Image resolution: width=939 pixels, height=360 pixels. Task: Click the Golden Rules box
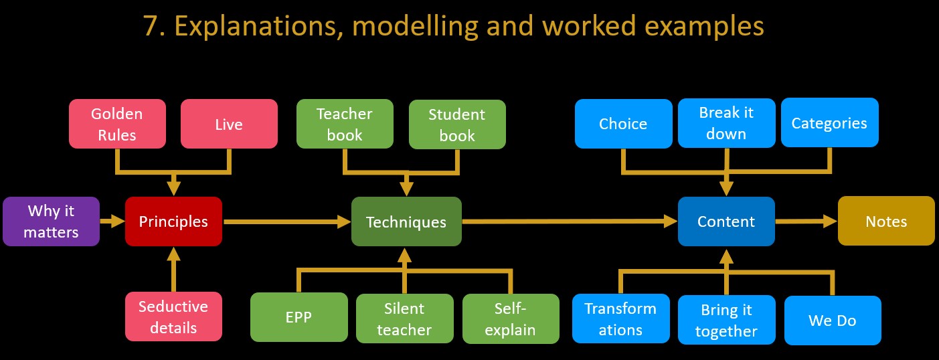(x=117, y=124)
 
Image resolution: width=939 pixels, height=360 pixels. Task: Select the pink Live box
(x=229, y=124)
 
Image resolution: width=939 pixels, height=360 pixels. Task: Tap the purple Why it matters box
(x=51, y=221)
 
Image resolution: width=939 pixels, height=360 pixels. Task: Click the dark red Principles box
(x=173, y=221)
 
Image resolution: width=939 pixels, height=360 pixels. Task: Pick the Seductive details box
(x=173, y=317)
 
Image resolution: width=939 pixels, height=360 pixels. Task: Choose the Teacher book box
(x=345, y=124)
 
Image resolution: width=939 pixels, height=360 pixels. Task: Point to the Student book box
(x=457, y=124)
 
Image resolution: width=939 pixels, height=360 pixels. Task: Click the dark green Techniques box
(x=407, y=221)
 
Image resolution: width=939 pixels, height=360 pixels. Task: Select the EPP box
(x=299, y=317)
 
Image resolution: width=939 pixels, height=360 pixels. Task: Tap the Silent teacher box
(x=404, y=319)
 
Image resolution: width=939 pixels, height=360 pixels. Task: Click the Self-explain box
(x=511, y=319)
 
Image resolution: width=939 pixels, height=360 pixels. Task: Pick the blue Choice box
(x=623, y=124)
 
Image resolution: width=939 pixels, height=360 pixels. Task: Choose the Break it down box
(x=726, y=123)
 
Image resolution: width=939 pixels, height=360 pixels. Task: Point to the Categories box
(x=830, y=122)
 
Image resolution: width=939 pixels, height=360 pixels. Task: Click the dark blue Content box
(x=726, y=221)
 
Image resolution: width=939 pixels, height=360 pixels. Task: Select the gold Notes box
(x=886, y=221)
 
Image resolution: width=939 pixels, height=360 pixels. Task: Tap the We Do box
(x=833, y=321)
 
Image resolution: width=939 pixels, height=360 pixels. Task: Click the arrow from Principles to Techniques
(x=287, y=221)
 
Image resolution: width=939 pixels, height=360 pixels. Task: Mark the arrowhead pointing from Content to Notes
(x=831, y=221)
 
